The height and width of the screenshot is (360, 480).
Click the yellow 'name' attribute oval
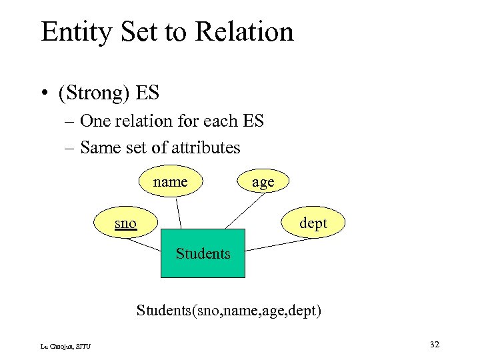[x=170, y=181]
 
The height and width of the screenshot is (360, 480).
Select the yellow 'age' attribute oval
[x=263, y=182]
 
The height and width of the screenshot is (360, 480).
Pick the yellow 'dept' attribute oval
[x=313, y=223]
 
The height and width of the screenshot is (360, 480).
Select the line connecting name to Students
[x=179, y=213]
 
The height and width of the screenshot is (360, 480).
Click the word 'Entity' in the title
[x=73, y=32]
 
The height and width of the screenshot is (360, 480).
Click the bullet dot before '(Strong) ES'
[x=45, y=93]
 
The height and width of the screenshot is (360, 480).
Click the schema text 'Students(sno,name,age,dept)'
[x=229, y=310]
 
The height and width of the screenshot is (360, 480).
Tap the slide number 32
[x=434, y=344]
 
